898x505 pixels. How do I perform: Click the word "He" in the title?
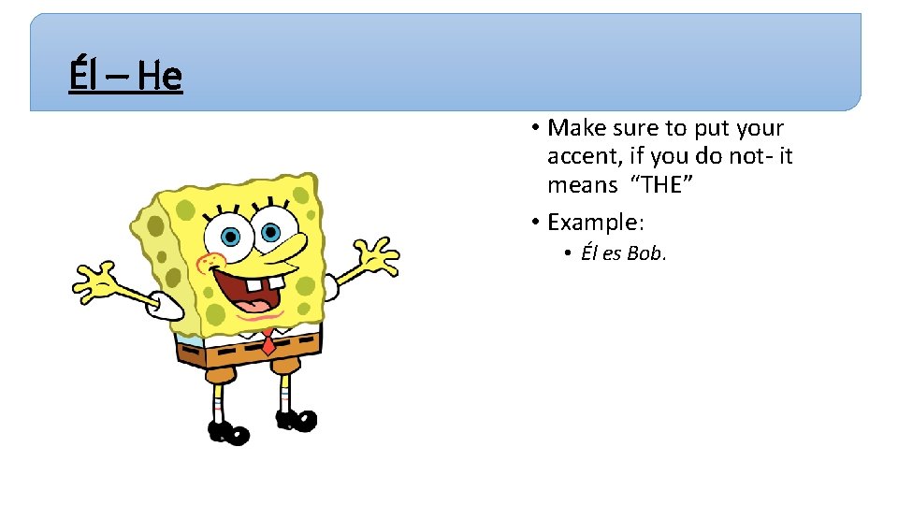pos(159,76)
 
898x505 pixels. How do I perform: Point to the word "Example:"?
pos(596,223)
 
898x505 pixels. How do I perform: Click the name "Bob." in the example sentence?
pos(646,253)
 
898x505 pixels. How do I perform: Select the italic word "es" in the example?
pos(613,253)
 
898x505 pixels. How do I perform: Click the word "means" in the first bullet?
pos(582,185)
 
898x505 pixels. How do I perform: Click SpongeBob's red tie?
pos(268,342)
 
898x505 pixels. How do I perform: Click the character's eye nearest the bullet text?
pos(269,230)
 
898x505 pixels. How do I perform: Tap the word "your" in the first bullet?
pos(760,128)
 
